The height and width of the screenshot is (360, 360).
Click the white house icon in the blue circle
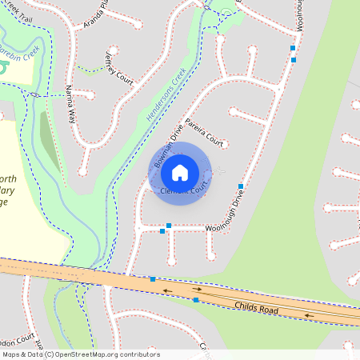tap(180, 172)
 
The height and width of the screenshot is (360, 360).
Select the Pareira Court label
tap(203, 131)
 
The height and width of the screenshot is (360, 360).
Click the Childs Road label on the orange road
tap(256, 308)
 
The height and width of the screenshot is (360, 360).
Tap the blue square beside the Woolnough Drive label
tap(241, 186)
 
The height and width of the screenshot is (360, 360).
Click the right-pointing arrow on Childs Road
tap(197, 290)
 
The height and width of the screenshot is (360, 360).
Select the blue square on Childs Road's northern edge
tap(152, 279)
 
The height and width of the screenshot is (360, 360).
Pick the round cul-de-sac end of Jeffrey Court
tap(113, 49)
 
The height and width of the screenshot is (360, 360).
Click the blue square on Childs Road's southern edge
tap(196, 300)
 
